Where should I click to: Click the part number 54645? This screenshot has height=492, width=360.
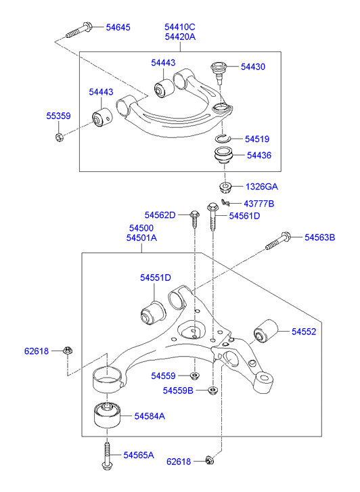[x=118, y=27]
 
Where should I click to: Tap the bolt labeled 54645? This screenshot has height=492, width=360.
[x=78, y=30]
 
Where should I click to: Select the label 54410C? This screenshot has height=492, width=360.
[x=180, y=27]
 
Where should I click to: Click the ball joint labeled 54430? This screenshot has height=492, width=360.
[x=219, y=72]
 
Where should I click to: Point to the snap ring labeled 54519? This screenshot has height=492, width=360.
[x=223, y=138]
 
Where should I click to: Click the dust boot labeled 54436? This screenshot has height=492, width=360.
[x=224, y=155]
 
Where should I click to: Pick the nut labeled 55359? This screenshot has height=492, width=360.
[x=60, y=137]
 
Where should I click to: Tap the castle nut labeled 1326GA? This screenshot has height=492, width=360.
[x=225, y=187]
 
